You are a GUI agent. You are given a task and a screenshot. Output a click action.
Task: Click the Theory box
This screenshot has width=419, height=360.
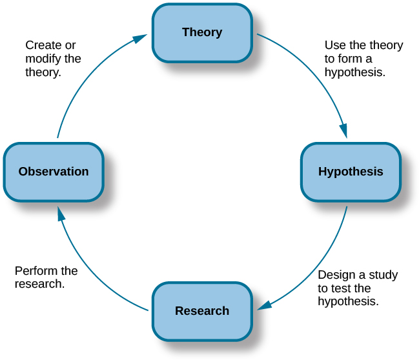tap(202, 33)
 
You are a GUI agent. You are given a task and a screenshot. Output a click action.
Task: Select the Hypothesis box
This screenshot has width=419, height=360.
tap(351, 172)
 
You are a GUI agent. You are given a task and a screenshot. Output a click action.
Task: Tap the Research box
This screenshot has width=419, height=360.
tap(202, 311)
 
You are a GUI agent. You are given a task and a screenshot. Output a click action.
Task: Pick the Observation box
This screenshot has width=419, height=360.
tap(54, 172)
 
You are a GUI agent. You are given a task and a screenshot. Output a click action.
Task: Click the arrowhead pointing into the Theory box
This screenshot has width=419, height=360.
tap(140, 39)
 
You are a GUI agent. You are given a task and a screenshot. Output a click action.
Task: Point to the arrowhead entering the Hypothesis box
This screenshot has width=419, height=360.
tap(343, 130)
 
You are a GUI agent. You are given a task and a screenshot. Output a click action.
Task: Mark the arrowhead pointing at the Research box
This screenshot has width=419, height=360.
tap(264, 305)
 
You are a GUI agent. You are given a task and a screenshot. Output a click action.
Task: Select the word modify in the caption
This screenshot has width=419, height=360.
tap(43, 59)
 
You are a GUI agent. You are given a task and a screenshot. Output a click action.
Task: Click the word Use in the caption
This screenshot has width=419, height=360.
tap(334, 45)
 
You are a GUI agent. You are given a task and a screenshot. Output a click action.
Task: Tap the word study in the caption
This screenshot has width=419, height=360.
tap(383, 275)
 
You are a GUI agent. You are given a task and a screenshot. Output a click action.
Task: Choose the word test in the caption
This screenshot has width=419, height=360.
tap(342, 288)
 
